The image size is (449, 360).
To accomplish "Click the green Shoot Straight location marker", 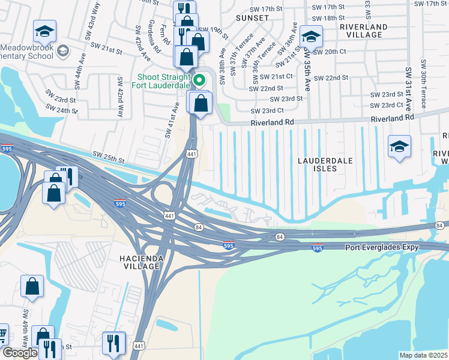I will pyautogui.click(x=200, y=79).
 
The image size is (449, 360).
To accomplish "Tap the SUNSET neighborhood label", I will pyautogui.click(x=252, y=18).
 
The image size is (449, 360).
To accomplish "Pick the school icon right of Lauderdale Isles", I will pyautogui.click(x=399, y=147).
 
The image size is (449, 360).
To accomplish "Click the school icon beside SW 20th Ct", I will pyautogui.click(x=310, y=37).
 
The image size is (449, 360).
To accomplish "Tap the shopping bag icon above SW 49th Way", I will pyautogui.click(x=32, y=286).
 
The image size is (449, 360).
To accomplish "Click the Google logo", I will pyautogui.click(x=20, y=353).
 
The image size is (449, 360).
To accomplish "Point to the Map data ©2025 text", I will pyautogui.click(x=423, y=355).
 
